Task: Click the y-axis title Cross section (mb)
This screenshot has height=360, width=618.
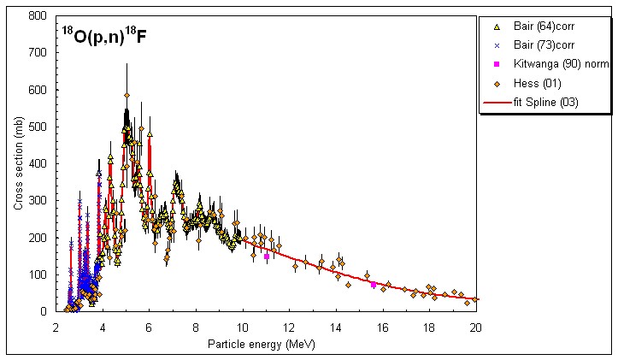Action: pyautogui.click(x=18, y=163)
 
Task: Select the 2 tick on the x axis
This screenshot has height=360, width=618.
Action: pyautogui.click(x=56, y=327)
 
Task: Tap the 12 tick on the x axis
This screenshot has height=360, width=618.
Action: pyautogui.click(x=289, y=327)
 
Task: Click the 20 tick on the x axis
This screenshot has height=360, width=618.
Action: pyautogui.click(x=475, y=327)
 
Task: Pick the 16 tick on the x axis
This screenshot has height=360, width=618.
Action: pyautogui.click(x=382, y=327)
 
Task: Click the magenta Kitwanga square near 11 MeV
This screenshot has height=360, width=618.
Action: pyautogui.click(x=267, y=256)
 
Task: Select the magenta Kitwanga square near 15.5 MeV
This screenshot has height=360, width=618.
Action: pyautogui.click(x=373, y=284)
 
